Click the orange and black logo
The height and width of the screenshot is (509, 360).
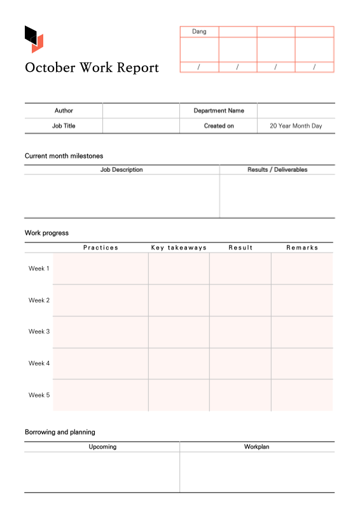(34, 39)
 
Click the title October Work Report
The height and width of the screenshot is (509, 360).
(92, 67)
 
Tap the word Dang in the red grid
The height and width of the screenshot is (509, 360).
(199, 31)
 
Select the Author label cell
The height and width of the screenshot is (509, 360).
(64, 111)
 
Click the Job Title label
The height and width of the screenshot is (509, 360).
(64, 126)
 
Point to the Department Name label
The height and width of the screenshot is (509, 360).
(218, 111)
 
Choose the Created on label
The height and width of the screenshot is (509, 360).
(218, 126)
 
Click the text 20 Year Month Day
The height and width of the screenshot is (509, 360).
(296, 126)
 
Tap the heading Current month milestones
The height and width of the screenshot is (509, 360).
(64, 156)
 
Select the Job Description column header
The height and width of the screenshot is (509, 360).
(121, 170)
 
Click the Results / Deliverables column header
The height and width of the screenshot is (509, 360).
(277, 170)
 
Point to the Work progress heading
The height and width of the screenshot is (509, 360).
(46, 233)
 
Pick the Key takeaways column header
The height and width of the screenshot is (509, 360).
(179, 248)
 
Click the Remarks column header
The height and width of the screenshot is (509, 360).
(301, 248)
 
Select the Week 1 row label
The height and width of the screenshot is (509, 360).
(39, 268)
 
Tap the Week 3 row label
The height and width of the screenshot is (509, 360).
(39, 331)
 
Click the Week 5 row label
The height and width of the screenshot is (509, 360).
(39, 395)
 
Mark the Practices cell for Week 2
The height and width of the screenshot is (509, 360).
(100, 300)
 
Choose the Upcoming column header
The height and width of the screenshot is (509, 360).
(102, 447)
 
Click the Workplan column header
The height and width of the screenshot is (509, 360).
(256, 447)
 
